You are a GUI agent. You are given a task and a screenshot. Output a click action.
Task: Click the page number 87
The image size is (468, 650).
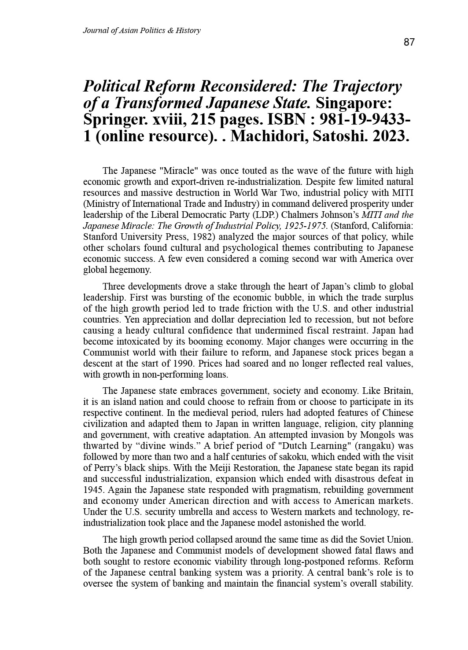409,42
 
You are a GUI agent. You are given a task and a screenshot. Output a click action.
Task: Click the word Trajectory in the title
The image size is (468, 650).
371,86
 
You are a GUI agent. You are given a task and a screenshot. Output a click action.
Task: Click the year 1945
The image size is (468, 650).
93,490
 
